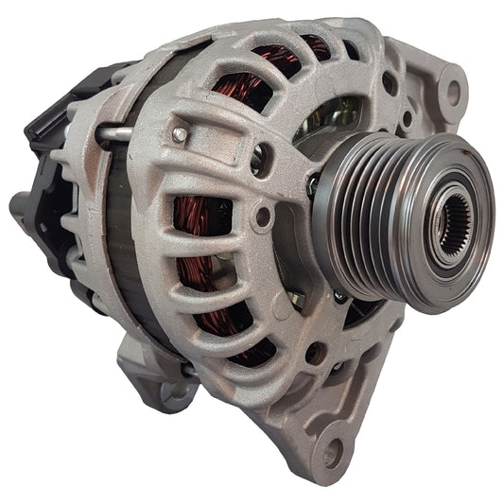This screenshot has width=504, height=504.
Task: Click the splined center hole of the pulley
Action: (x=453, y=223)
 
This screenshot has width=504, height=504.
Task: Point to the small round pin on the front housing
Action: (x=179, y=135)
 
